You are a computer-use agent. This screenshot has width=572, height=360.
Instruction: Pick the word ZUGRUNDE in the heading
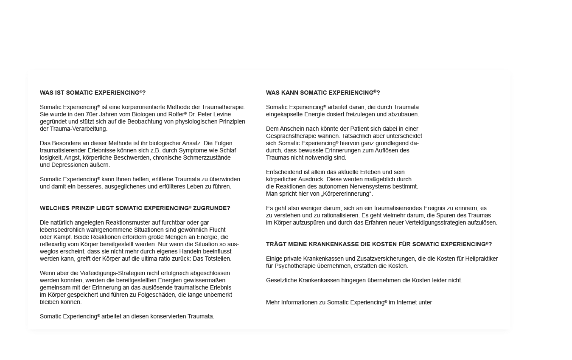point(212,208)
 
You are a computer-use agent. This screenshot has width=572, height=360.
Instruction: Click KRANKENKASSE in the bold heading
point(320,245)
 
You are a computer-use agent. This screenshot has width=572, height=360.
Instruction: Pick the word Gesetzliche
point(282,280)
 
